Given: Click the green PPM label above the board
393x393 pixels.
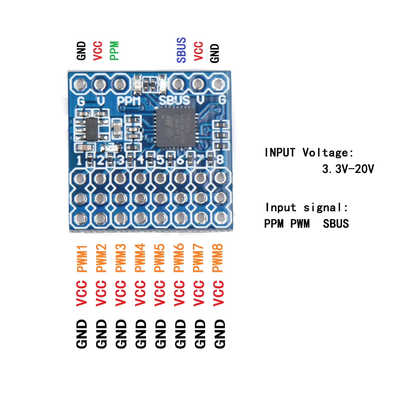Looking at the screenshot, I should tap(114, 51).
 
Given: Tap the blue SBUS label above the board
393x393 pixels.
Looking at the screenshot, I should tap(181, 50).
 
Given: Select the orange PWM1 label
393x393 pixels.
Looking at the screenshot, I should tap(82, 258).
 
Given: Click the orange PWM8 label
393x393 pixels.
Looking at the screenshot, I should tap(218, 258).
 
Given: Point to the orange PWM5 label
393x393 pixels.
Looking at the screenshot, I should tap(160, 258).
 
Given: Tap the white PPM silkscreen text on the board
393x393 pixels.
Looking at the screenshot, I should tap(129, 101).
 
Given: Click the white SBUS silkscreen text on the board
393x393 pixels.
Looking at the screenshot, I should tap(174, 101).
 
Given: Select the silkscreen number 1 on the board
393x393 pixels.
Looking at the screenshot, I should tap(79, 160).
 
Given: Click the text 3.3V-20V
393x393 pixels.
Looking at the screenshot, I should tap(348, 169).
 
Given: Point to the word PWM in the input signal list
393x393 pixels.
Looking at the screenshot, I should tap(300, 224).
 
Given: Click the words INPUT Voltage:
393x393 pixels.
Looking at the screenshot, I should tap(309, 152).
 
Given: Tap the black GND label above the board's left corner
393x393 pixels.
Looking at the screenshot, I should tap(81, 51).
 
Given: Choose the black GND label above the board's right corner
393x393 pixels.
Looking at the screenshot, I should tap(215, 52).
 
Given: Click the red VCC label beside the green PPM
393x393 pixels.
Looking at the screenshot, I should tap(97, 51).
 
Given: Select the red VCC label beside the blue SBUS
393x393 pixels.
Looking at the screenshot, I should tap(198, 51).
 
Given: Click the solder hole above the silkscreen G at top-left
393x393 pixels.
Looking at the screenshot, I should tap(80, 84).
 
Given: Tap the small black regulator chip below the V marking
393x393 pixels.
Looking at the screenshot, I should tap(93, 127).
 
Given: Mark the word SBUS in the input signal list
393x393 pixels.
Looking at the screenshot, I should tap(336, 224).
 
